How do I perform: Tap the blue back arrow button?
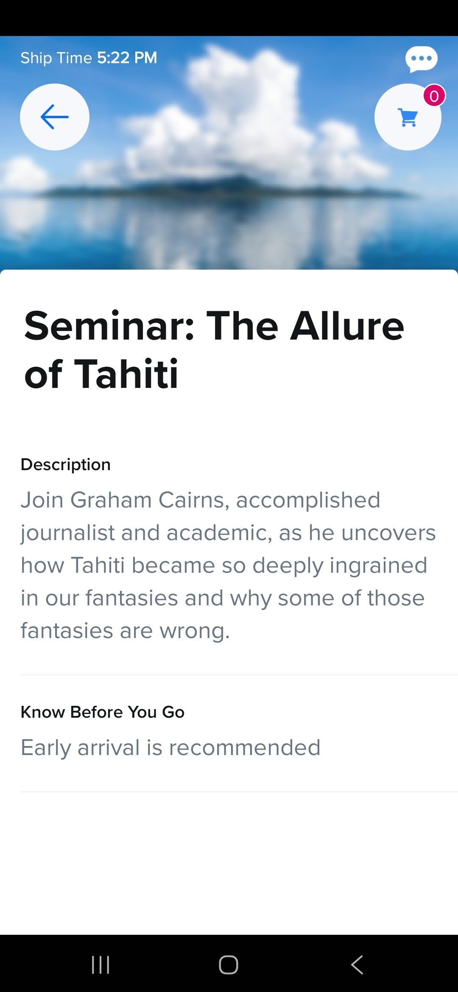click(x=55, y=117)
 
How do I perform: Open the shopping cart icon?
click(x=408, y=117)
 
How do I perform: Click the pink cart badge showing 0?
click(x=434, y=96)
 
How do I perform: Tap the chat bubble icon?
click(x=421, y=59)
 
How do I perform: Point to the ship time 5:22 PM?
click(x=127, y=58)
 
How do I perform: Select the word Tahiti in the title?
click(x=126, y=374)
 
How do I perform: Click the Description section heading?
click(x=66, y=465)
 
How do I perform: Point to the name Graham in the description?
click(x=111, y=500)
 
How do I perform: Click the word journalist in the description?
click(x=68, y=533)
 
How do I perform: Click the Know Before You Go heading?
click(x=103, y=712)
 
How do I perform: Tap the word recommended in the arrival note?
click(x=245, y=747)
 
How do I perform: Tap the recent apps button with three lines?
click(x=101, y=965)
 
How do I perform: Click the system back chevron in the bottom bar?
click(x=357, y=965)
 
